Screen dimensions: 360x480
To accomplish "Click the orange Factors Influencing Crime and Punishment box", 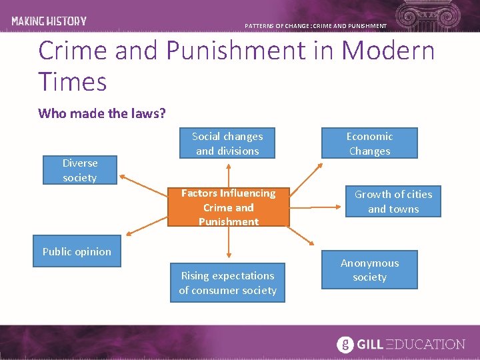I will point(228,207).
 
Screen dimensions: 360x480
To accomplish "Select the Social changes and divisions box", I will point(227,143).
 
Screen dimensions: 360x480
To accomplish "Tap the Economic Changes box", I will point(369,143).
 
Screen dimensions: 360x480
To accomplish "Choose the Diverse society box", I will point(79,170).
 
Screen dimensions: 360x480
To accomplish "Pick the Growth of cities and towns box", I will point(393,201).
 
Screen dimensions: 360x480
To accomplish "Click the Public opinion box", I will point(77,251).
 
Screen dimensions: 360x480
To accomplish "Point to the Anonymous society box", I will point(369,270).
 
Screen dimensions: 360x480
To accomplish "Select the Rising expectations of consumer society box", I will point(227,283).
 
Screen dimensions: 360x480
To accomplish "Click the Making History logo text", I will point(49,21).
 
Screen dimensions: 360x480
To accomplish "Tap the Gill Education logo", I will point(401,344).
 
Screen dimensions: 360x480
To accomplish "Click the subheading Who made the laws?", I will point(102,113).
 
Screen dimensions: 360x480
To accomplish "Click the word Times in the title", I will point(73,82).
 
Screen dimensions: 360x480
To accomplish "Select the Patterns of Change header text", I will point(315,26).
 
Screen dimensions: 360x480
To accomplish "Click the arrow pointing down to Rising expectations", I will point(229,243).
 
